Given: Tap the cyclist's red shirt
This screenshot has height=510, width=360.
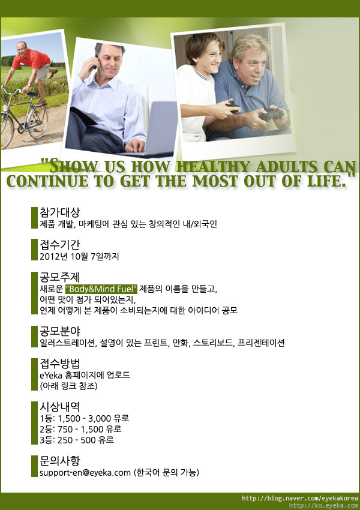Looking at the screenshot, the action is click(x=31, y=59).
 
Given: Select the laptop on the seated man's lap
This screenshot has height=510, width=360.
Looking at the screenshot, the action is click(x=153, y=130).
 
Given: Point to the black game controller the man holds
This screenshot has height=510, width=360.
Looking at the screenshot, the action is click(x=271, y=115).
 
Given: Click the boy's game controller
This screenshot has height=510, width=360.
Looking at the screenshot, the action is click(x=233, y=107).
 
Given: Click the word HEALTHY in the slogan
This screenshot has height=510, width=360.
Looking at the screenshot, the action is click(x=214, y=167).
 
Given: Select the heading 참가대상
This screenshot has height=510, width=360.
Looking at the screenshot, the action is click(x=59, y=212).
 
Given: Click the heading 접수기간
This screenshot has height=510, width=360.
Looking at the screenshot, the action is click(x=59, y=245).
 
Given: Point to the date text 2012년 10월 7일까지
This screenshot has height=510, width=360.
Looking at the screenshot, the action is click(x=79, y=256).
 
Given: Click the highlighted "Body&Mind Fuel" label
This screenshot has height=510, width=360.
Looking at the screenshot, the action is click(x=101, y=289).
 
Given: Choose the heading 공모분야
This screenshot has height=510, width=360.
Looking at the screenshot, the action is click(x=59, y=331).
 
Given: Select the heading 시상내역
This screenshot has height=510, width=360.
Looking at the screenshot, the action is click(x=59, y=407).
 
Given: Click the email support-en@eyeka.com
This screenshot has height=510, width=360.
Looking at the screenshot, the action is click(x=85, y=473).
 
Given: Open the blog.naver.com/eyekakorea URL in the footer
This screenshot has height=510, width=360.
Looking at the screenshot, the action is click(x=300, y=498).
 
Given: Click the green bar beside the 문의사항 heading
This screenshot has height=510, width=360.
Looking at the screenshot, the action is click(x=34, y=466).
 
